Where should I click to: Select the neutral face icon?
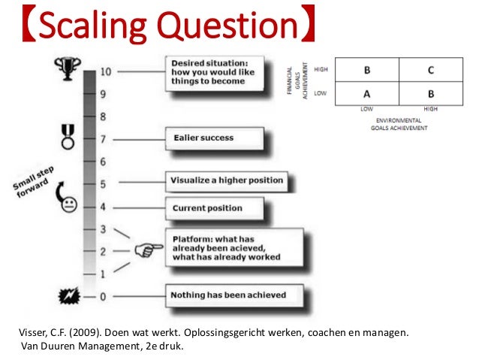pyautogui.click(x=69, y=204)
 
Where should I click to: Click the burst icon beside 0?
pyautogui.click(x=68, y=295)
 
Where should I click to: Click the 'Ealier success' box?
pyautogui.click(x=213, y=138)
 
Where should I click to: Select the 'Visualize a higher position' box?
pyautogui.click(x=226, y=180)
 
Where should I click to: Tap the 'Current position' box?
pyautogui.click(x=213, y=208)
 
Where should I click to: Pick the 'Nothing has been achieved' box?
pyautogui.click(x=227, y=295)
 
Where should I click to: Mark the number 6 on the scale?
pyautogui.click(x=103, y=162)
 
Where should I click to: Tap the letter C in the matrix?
pyautogui.click(x=430, y=71)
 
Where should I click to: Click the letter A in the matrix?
pyautogui.click(x=367, y=95)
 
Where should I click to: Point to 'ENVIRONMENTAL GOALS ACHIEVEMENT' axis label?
pyautogui.click(x=398, y=125)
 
